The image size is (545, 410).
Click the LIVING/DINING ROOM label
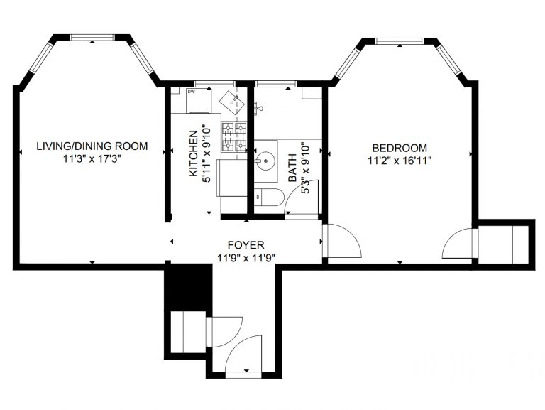[92, 146]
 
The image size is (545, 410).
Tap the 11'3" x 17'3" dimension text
[92, 159]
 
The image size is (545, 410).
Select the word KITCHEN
[193, 153]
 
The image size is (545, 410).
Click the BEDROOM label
[400, 148]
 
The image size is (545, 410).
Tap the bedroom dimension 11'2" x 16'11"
[400, 161]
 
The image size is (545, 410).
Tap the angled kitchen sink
[231, 100]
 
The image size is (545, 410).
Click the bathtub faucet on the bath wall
[258, 108]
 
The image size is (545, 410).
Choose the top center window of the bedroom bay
[400, 41]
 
